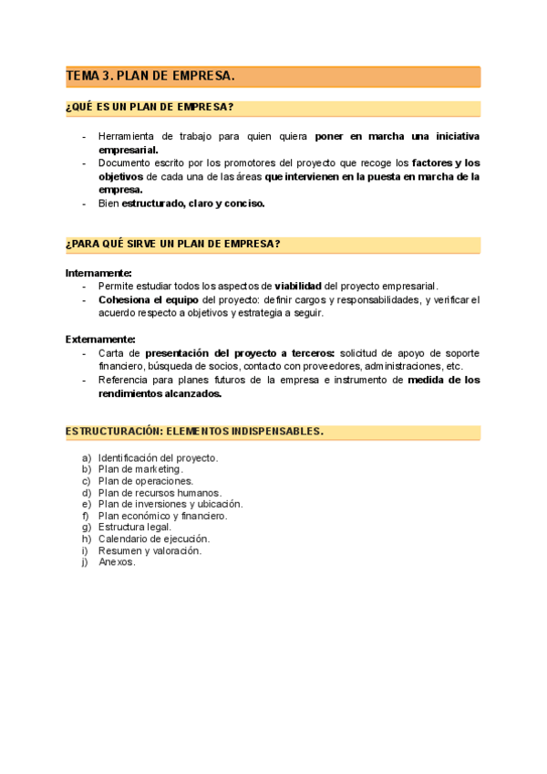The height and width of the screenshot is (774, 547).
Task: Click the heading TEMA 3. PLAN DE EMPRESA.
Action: coord(150,76)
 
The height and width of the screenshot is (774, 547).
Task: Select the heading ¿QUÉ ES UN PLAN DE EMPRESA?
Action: coord(150,108)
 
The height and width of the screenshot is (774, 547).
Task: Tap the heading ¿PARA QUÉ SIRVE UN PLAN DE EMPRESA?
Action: coord(172,244)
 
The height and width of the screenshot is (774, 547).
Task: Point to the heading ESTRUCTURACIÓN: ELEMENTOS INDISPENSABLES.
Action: coord(194,431)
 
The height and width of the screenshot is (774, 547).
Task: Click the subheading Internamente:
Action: coord(98,273)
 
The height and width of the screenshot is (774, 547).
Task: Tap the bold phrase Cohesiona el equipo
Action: coord(148,299)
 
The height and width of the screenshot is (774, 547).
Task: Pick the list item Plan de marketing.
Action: coord(140,469)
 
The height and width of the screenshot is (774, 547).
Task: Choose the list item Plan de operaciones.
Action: coord(146,481)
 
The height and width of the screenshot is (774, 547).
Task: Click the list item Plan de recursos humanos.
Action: coord(160,493)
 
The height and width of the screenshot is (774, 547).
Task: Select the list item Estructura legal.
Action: coord(134,528)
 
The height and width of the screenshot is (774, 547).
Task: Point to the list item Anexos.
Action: coord(117,562)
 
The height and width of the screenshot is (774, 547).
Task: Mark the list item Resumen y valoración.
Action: coord(150,550)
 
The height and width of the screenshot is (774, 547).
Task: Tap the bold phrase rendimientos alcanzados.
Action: coord(160,393)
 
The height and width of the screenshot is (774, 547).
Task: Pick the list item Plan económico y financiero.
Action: coord(162,516)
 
